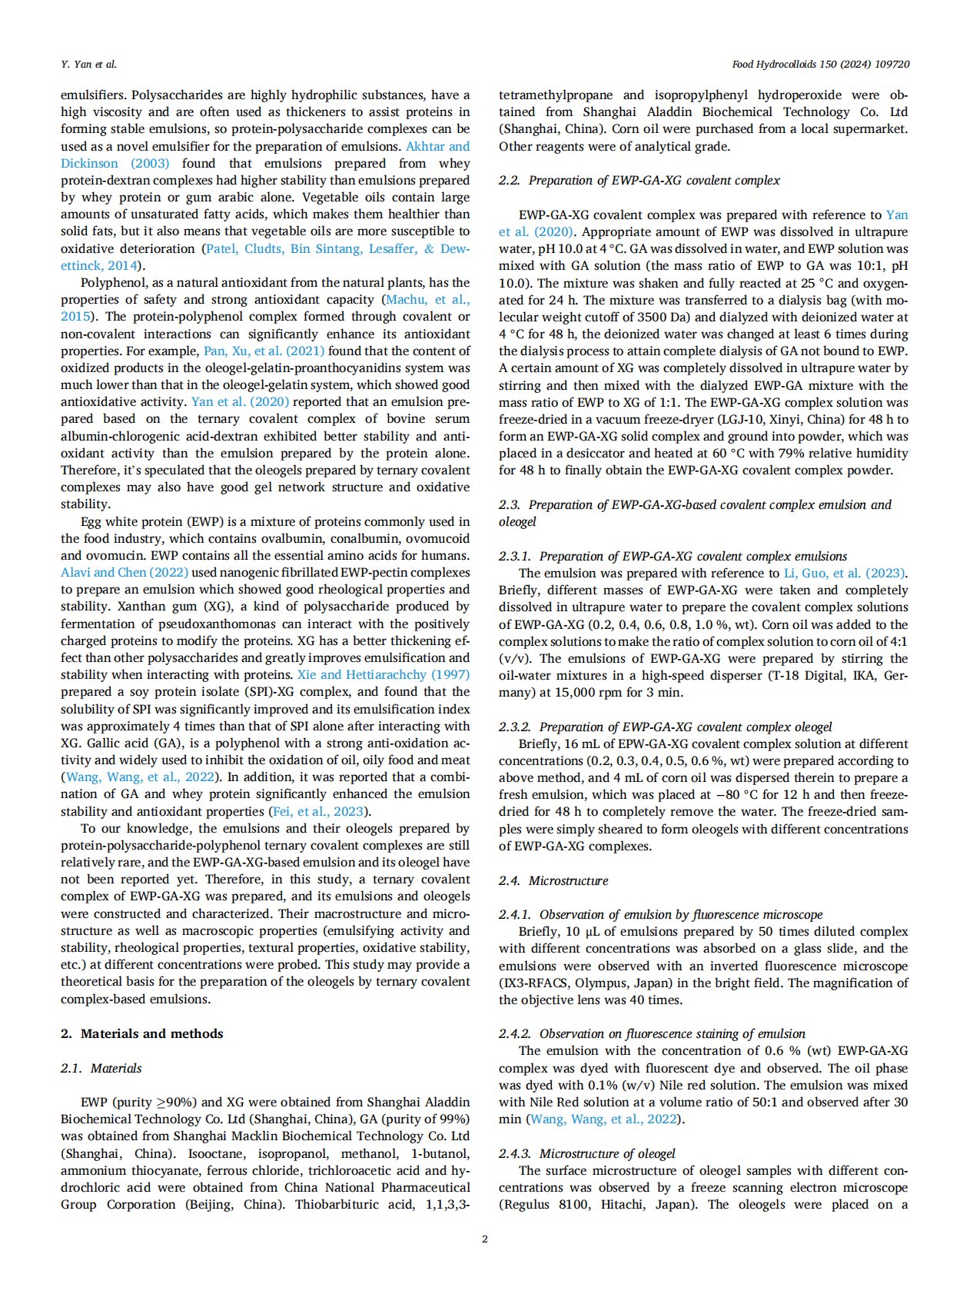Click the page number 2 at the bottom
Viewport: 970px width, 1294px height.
(x=484, y=1239)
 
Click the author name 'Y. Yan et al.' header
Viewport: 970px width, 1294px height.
(x=89, y=64)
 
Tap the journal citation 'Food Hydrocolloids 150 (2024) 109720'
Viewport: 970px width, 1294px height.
(x=820, y=64)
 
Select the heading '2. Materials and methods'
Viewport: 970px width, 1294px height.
(x=142, y=1033)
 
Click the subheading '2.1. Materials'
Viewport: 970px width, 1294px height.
(x=101, y=1068)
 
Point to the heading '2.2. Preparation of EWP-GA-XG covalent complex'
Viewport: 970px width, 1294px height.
(x=639, y=180)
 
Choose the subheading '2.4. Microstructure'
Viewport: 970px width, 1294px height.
(x=553, y=880)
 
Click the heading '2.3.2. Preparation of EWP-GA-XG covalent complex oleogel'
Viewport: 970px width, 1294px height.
(x=665, y=727)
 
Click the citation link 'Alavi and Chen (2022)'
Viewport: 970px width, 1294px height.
(x=125, y=573)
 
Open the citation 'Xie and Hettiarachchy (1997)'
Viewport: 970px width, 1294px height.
(x=384, y=675)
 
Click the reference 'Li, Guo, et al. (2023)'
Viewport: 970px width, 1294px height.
(x=844, y=573)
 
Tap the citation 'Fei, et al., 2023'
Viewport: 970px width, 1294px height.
(x=318, y=811)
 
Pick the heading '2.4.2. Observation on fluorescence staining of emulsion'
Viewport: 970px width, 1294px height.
(x=652, y=1033)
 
